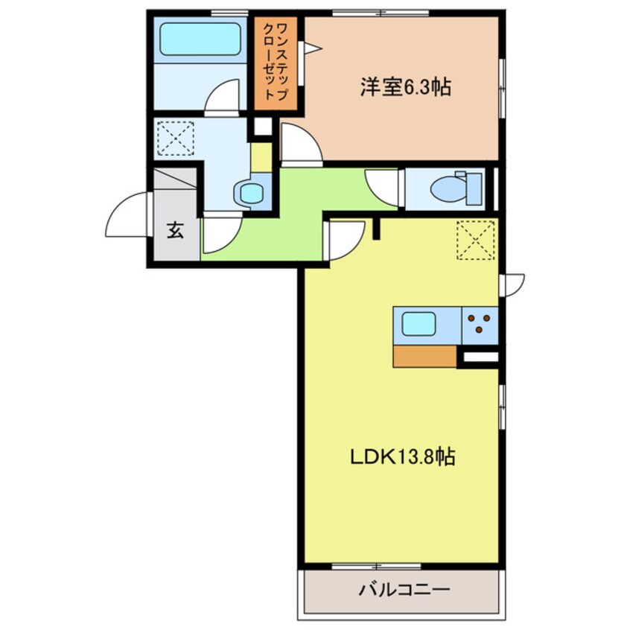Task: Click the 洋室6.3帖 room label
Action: click(x=405, y=88)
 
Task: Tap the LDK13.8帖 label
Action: click(x=403, y=455)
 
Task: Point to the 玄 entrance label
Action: click(x=175, y=231)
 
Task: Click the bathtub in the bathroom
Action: click(x=200, y=39)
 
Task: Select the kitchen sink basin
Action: click(x=421, y=324)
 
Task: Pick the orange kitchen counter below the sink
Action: click(x=424, y=357)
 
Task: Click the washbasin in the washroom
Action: click(x=250, y=194)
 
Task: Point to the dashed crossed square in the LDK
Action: click(x=475, y=241)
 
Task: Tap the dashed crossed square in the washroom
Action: click(x=176, y=139)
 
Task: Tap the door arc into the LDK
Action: click(x=345, y=240)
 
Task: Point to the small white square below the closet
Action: click(x=262, y=127)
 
